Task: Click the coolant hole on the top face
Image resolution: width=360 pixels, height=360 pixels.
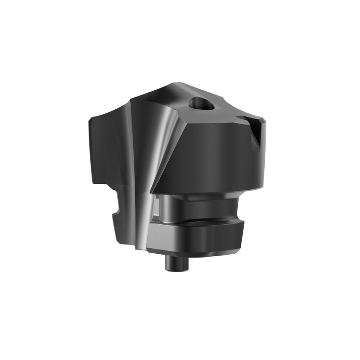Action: (x=199, y=102)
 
